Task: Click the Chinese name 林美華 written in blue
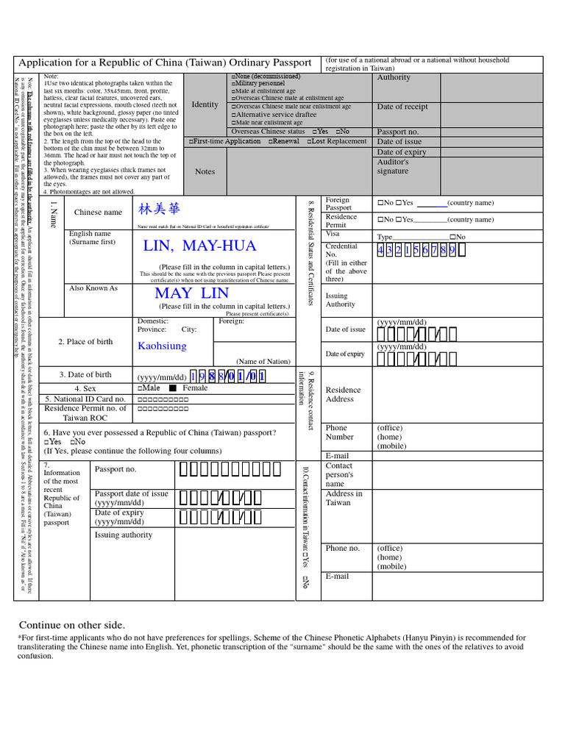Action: (x=159, y=210)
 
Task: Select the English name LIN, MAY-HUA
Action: (x=200, y=246)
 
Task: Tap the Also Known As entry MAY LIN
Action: (x=192, y=293)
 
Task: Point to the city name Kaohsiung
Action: (x=162, y=346)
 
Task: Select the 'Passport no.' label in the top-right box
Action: (x=397, y=132)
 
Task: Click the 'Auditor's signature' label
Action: (x=392, y=166)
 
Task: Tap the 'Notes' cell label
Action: (x=205, y=171)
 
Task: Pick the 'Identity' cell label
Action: (x=205, y=104)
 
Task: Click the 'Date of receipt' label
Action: (x=402, y=107)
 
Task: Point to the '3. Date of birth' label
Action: (x=85, y=374)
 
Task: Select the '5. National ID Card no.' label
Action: (x=85, y=399)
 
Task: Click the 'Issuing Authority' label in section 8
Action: (x=341, y=300)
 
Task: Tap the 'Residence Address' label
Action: (x=343, y=394)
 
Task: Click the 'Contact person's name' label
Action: (x=339, y=474)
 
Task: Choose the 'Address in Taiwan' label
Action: (x=344, y=498)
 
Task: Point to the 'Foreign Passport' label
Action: (x=338, y=204)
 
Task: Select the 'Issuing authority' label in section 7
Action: (x=124, y=535)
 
